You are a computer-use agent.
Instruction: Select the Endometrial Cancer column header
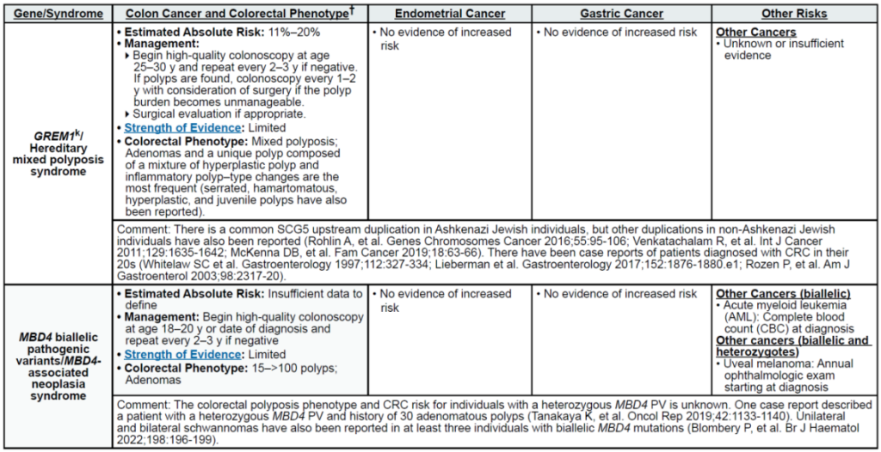[450, 14]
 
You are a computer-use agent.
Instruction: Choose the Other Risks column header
[794, 14]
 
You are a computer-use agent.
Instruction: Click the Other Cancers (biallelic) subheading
[784, 295]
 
